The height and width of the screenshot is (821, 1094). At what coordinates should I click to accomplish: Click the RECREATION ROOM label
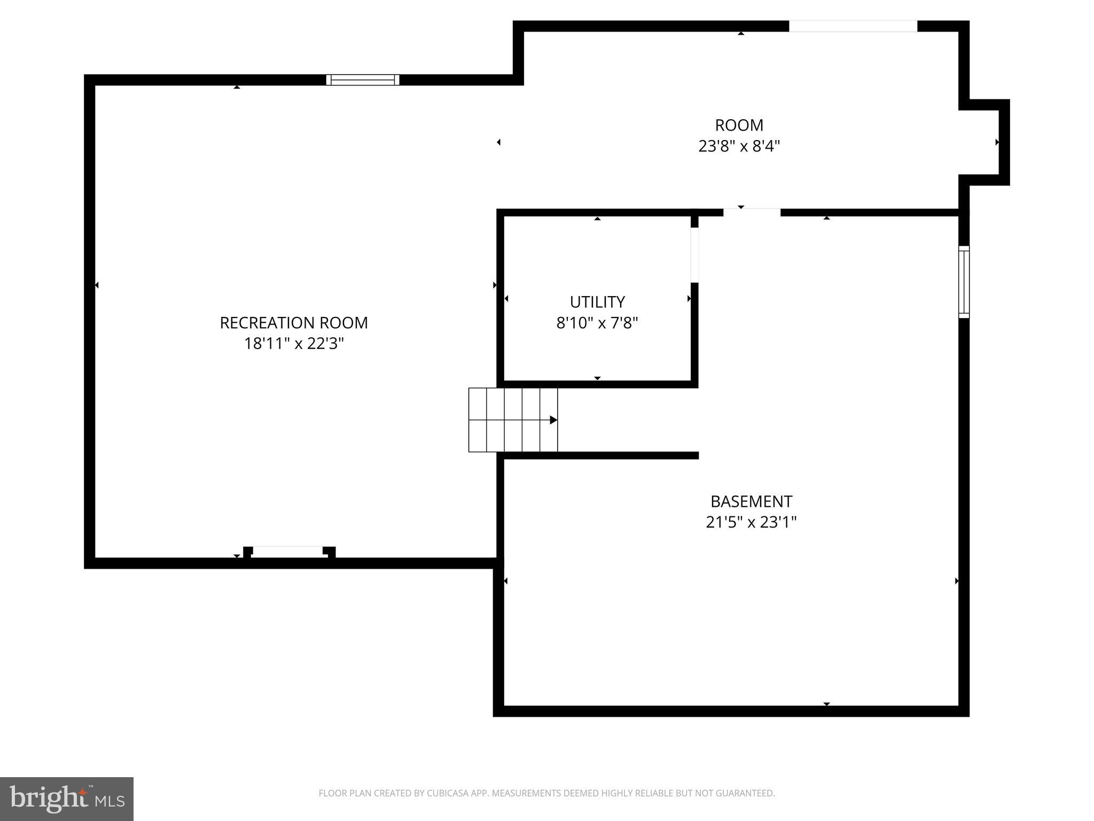(x=294, y=323)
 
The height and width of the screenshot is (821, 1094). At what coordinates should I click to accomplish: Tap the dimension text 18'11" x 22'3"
(x=294, y=344)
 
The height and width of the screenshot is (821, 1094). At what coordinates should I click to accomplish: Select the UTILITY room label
(x=597, y=302)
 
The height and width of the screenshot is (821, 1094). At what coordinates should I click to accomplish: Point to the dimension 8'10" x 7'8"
(x=597, y=323)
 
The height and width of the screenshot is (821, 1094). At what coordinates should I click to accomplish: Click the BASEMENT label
(x=751, y=501)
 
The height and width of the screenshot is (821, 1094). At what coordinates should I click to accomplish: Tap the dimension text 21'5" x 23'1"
(x=751, y=522)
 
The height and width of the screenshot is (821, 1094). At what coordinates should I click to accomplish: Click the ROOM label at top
(x=739, y=125)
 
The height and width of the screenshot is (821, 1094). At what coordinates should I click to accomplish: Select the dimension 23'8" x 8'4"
(x=739, y=146)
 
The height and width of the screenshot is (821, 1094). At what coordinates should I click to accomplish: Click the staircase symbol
(x=513, y=420)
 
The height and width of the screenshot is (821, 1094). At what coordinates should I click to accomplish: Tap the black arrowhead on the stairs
(x=553, y=420)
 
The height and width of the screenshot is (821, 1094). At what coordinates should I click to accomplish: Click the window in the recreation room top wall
(x=363, y=80)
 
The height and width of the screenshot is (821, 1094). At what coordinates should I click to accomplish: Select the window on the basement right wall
(x=964, y=282)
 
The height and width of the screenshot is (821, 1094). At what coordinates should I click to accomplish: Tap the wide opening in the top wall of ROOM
(x=853, y=26)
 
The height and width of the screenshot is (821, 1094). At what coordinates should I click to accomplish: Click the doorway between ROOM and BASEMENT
(x=752, y=212)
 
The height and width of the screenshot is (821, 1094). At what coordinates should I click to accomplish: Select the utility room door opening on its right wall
(x=694, y=255)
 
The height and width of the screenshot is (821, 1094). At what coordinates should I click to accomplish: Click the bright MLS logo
(x=66, y=799)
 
